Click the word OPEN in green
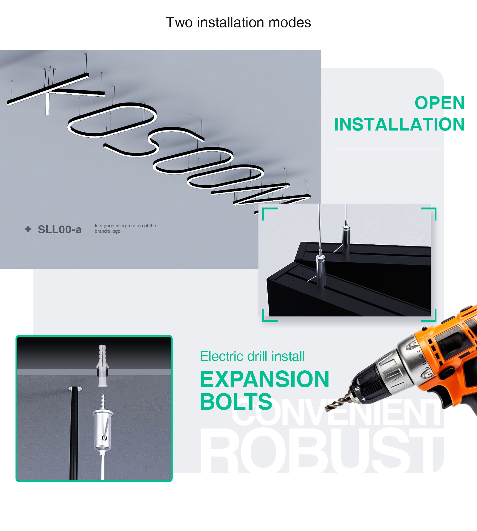440,103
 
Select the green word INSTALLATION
399,124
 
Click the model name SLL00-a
60,229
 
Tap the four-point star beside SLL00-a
28,229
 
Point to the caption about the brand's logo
126,229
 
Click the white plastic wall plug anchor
102,366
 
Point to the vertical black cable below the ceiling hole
74,434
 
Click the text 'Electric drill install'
252,356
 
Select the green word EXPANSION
265,379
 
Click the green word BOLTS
236,402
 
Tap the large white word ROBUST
322,450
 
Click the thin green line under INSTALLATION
399,149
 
